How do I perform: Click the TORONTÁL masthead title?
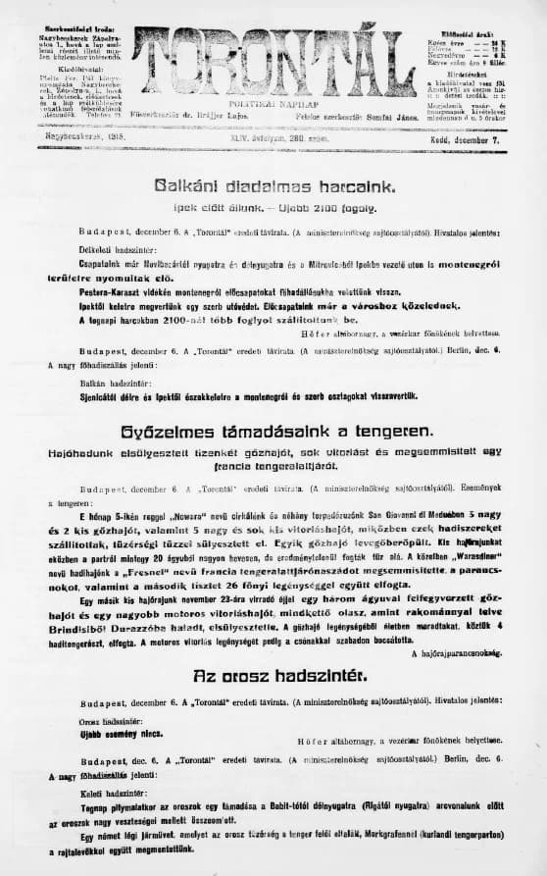pyautogui.click(x=273, y=62)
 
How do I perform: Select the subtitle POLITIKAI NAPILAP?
pyautogui.click(x=273, y=103)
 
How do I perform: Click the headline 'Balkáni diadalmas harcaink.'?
pyautogui.click(x=273, y=186)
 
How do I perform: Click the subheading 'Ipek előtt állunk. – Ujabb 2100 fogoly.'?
pyautogui.click(x=273, y=209)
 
